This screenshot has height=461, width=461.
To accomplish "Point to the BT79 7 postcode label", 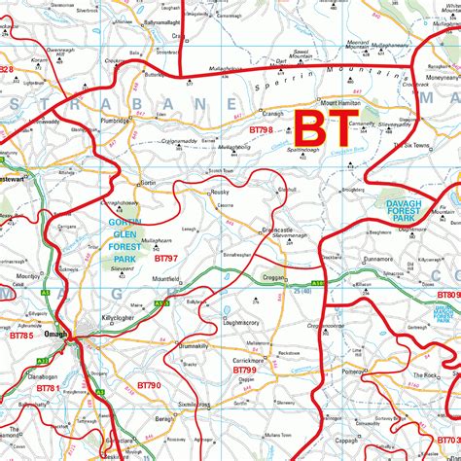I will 165,258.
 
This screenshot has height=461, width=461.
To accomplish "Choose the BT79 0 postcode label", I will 149,385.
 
